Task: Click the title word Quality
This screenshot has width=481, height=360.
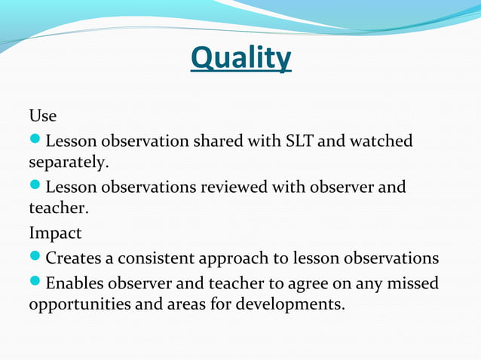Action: (x=240, y=58)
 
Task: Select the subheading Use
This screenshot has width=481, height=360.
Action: (x=42, y=117)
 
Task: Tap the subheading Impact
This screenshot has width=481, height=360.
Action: (x=55, y=233)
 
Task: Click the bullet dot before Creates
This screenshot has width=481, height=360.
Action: (x=35, y=258)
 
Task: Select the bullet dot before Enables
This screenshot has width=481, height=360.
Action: (x=35, y=283)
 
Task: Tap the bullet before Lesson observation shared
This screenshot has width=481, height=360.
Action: (x=35, y=140)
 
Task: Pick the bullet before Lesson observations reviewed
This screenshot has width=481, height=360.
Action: (x=35, y=186)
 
